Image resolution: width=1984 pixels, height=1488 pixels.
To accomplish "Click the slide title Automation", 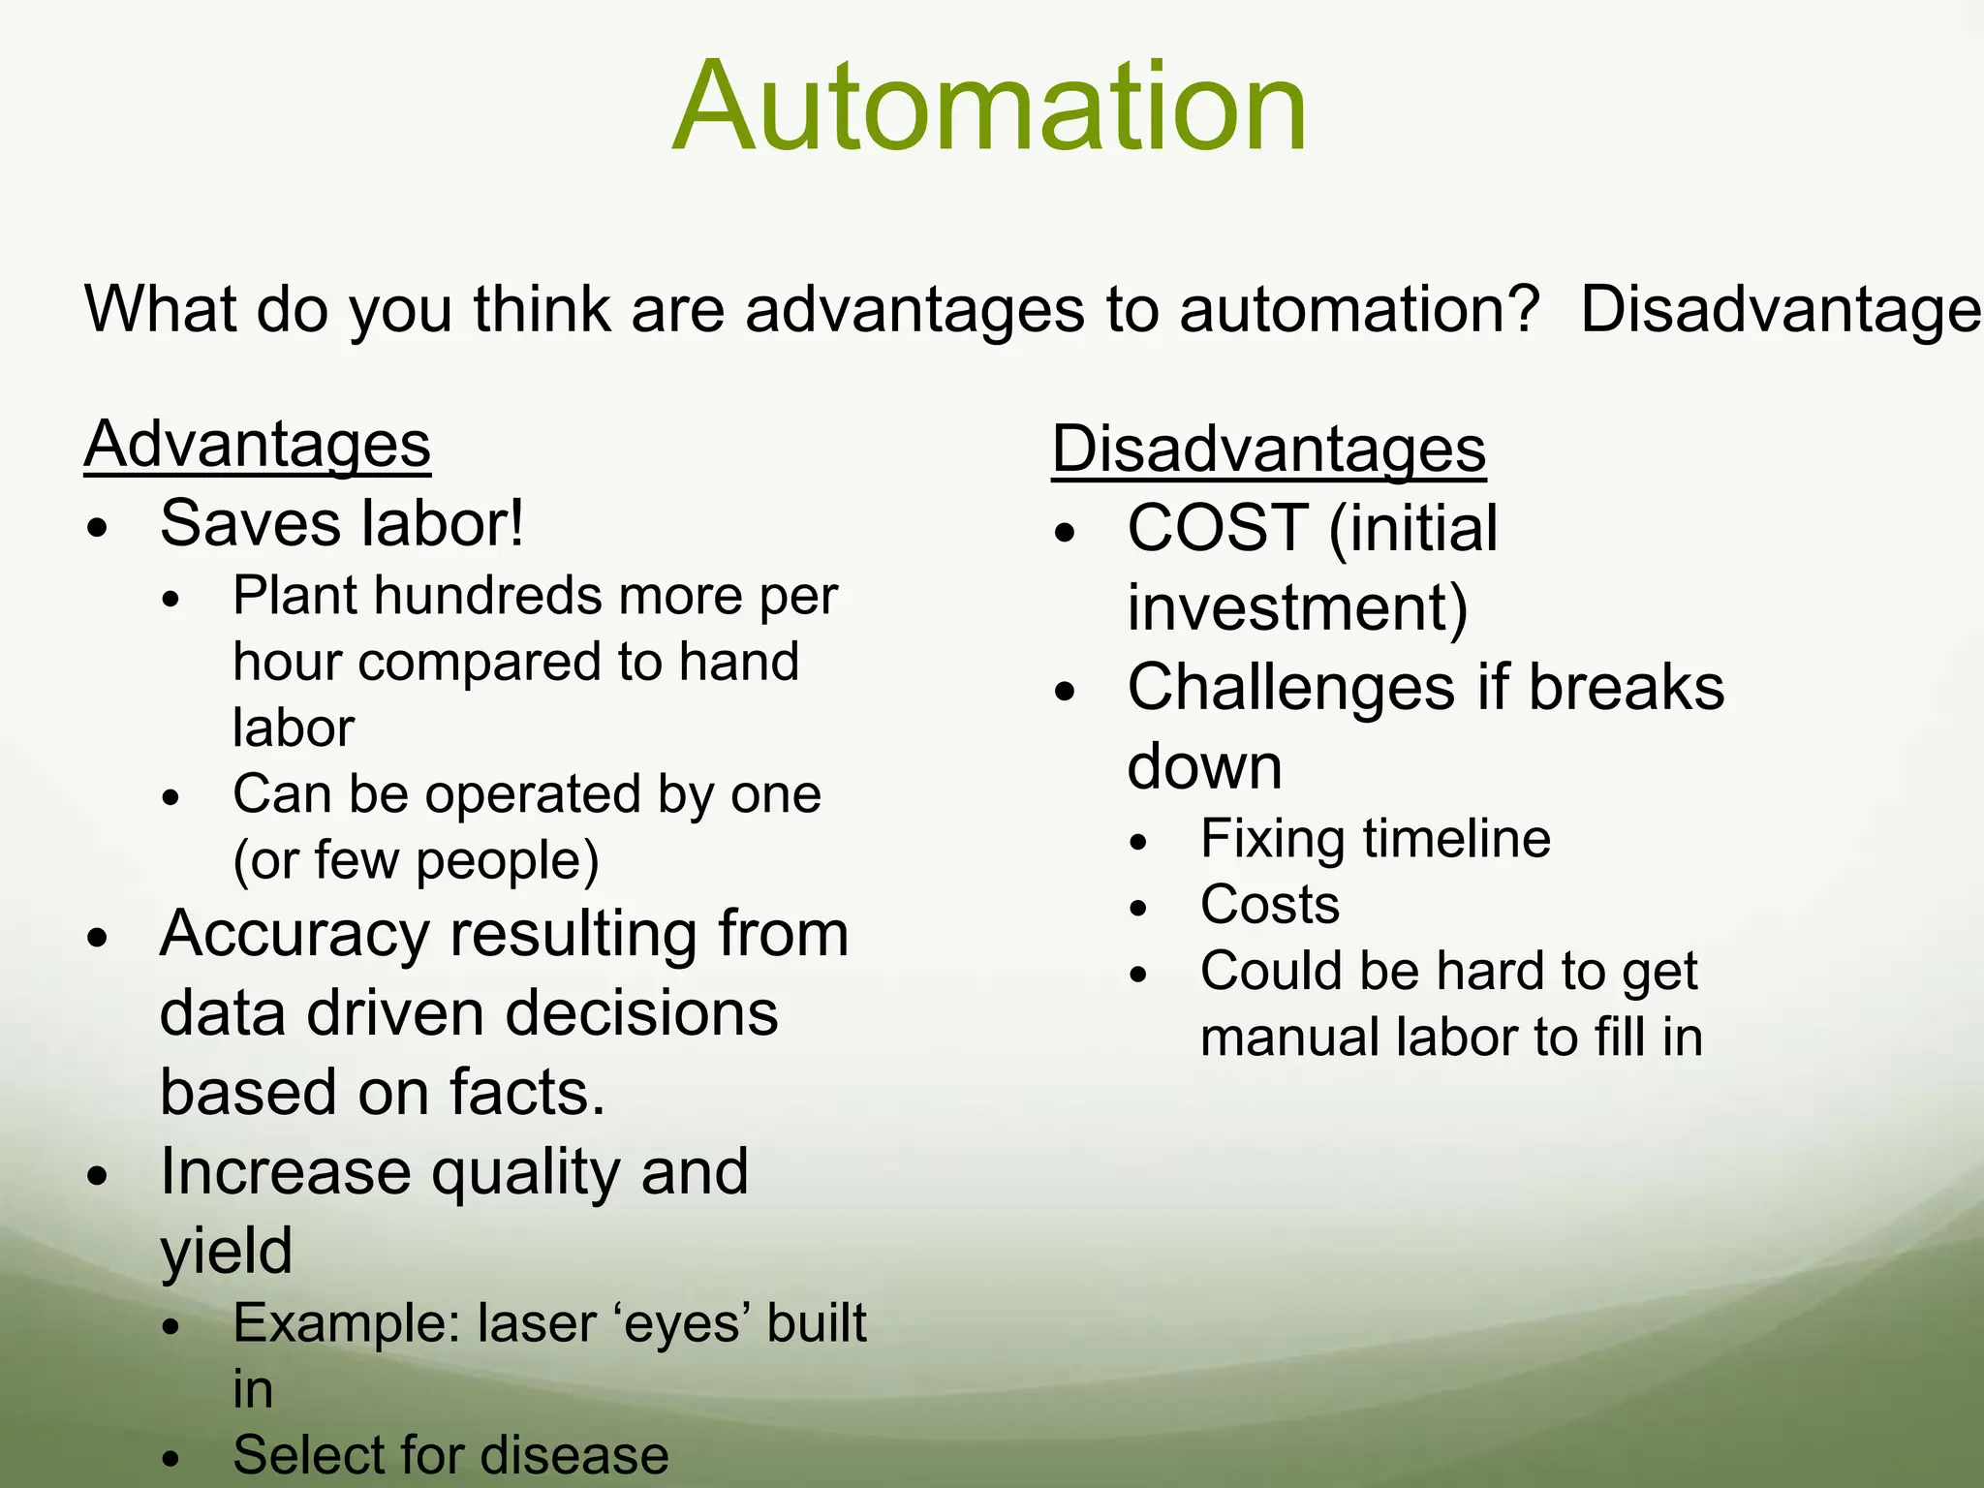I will pos(989,107).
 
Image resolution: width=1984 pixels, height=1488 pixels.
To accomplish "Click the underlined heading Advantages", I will pos(257,445).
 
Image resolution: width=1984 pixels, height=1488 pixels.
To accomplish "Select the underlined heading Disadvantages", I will pos(1268,450).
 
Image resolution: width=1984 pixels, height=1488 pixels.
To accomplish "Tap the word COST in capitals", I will pos(1218,528).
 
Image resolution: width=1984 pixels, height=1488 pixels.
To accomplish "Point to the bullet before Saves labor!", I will pos(97,529).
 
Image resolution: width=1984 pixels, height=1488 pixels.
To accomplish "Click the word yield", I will pos(226,1252).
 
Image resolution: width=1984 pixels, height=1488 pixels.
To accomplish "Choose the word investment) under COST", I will pos(1297,608).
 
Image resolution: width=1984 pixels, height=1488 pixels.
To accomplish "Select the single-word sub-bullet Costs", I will pos(1269,905).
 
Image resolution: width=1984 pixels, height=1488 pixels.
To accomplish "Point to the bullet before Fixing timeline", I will pos(1138,843).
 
